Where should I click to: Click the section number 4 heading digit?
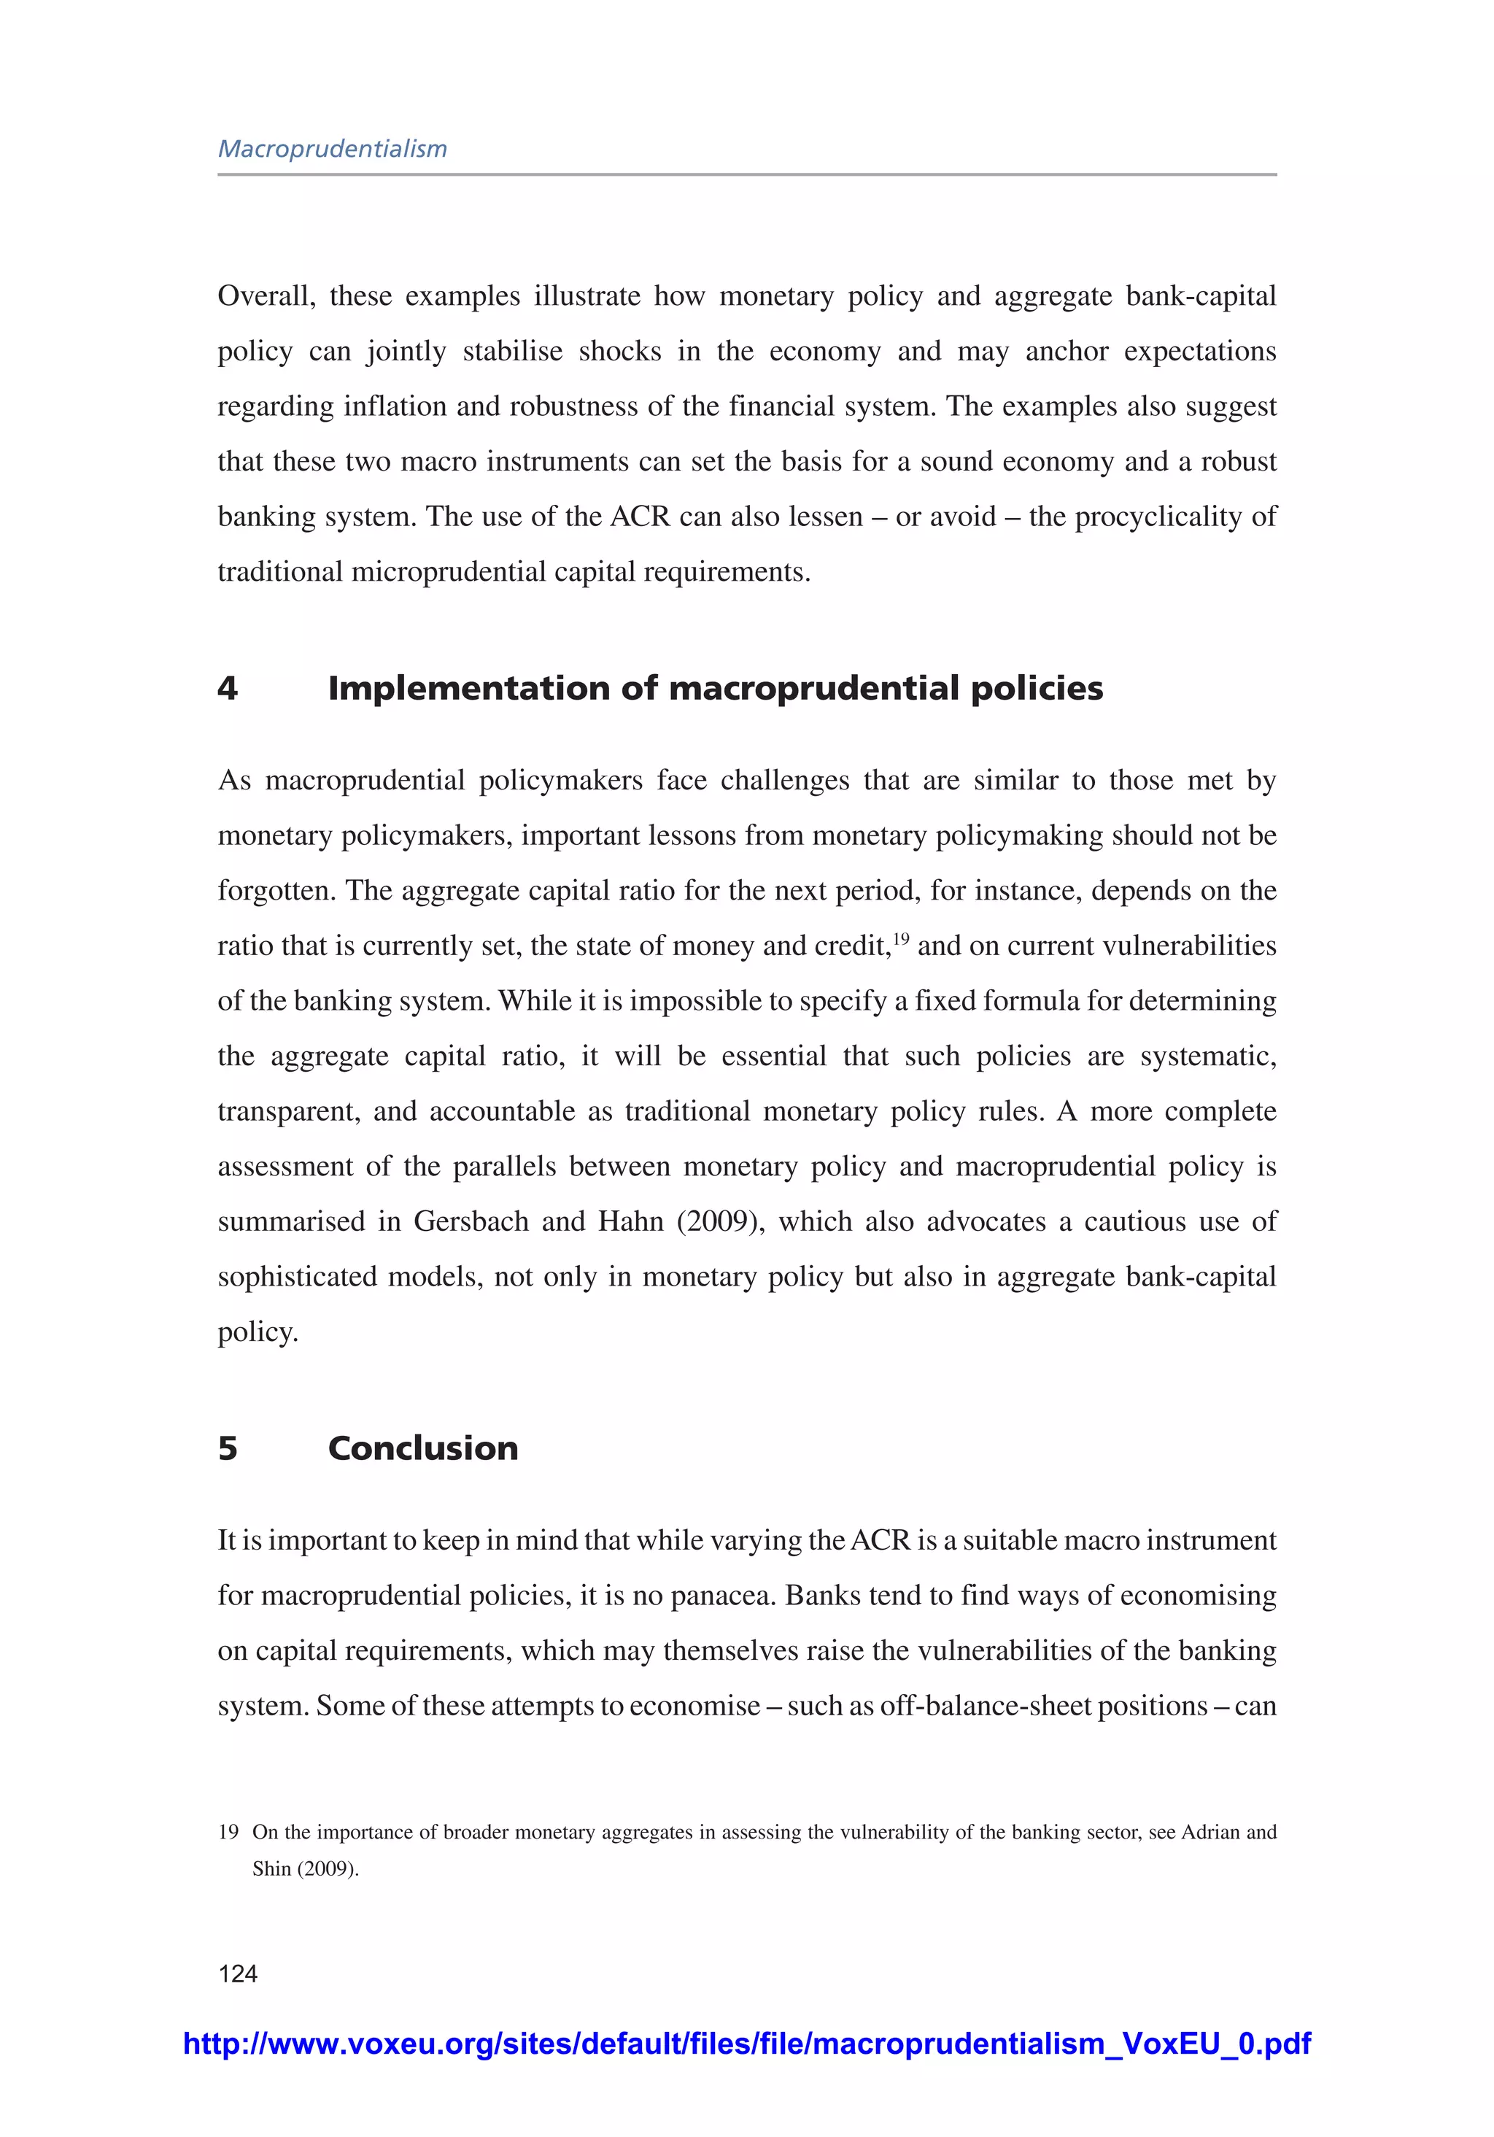227,689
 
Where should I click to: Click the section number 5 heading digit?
227,1448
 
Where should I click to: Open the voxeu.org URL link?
746,2043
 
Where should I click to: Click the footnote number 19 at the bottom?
228,1832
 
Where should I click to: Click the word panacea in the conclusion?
723,1596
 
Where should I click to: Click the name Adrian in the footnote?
1210,1832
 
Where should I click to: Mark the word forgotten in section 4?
276,891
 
